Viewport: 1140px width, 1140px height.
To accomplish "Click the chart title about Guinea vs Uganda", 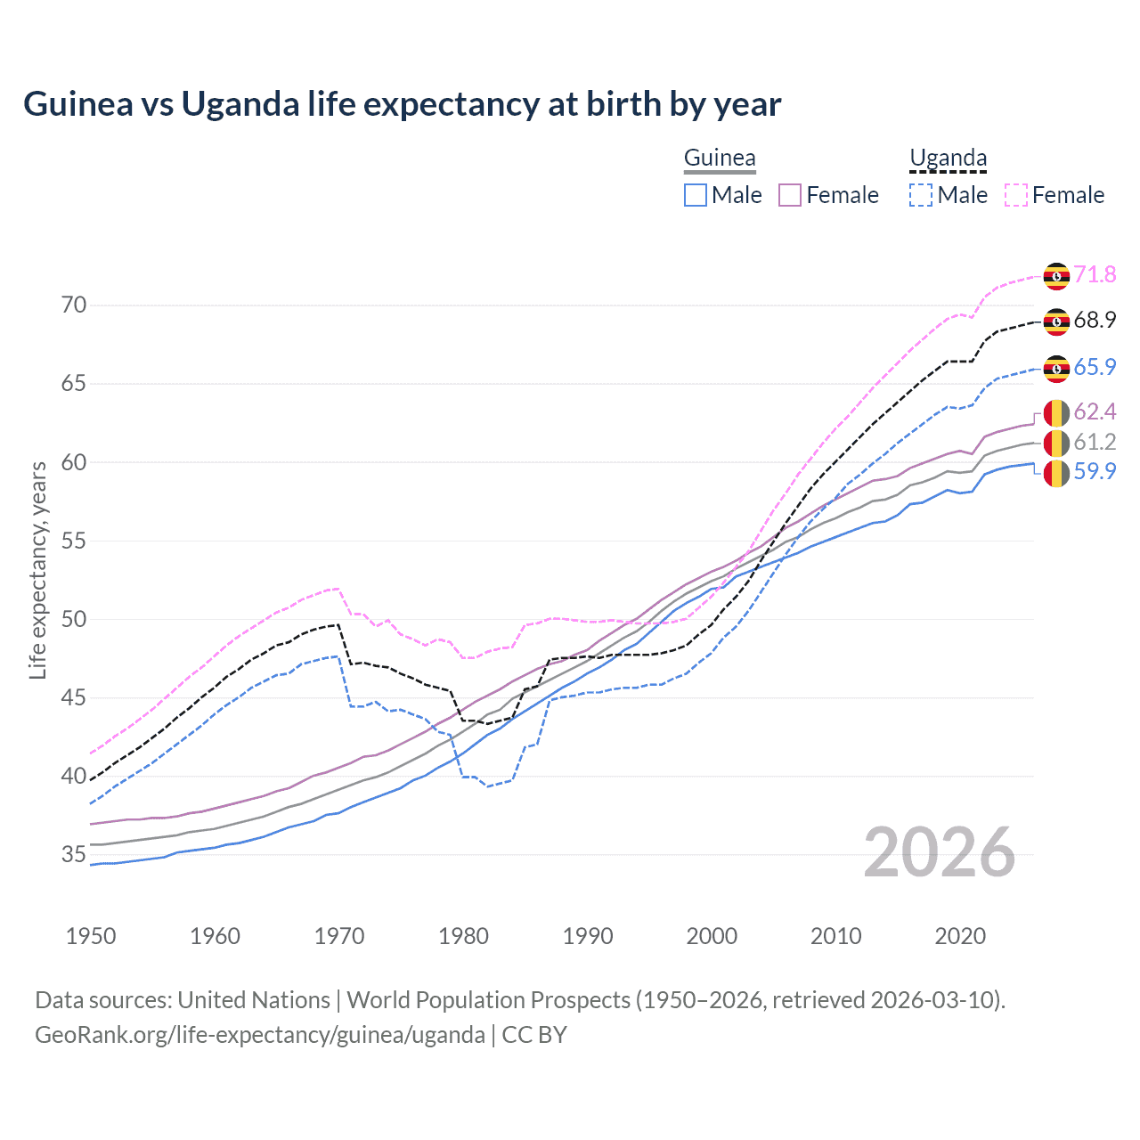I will point(402,104).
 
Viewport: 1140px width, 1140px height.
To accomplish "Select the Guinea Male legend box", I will point(696,195).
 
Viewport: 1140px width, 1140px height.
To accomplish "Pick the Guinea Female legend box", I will point(790,195).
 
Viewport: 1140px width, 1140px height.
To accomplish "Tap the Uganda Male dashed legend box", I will point(921,195).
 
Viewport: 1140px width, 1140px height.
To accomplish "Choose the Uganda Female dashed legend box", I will point(1015,195).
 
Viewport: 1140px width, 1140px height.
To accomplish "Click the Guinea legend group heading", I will point(720,159).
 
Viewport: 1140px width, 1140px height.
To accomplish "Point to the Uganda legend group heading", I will point(948,159).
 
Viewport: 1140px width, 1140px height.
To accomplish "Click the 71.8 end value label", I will point(1095,274).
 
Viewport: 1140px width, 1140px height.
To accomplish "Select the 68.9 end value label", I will point(1095,321).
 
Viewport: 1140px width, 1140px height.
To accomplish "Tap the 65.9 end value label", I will point(1095,367).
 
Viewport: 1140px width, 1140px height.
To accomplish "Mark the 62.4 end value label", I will point(1095,411).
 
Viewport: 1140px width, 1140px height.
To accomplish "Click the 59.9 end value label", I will point(1095,471).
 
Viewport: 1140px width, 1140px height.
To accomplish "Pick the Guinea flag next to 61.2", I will point(1056,443).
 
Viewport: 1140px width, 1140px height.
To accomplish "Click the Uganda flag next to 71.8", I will point(1056,276).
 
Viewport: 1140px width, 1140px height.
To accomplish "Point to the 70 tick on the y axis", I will point(74,305).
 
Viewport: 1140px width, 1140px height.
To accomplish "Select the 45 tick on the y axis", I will point(74,698).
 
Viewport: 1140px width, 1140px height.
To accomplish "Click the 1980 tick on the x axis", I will point(463,936).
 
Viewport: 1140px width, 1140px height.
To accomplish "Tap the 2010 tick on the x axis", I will point(835,936).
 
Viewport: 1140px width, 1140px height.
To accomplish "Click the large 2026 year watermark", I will point(940,852).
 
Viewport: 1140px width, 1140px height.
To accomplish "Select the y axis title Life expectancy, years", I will point(38,570).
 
